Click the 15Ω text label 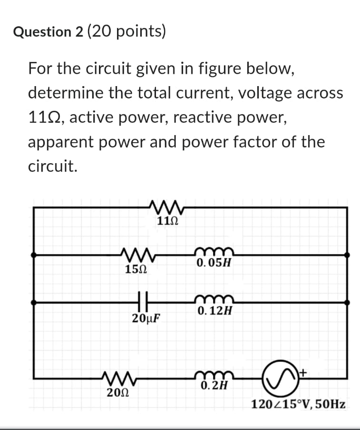pyautogui.click(x=135, y=269)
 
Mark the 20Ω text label pyautogui.click(x=116, y=393)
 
